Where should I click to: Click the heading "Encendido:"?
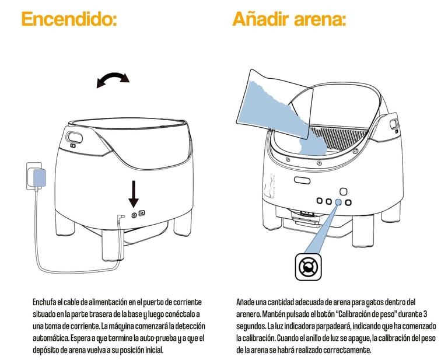tap(69, 19)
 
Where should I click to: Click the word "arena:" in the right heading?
tap(320, 19)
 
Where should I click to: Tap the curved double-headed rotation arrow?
tap(113, 79)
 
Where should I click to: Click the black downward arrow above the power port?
tap(134, 194)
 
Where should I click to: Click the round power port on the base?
tap(134, 215)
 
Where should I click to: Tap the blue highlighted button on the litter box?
tap(338, 202)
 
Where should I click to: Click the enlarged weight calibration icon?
tap(308, 267)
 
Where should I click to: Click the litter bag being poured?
tap(274, 106)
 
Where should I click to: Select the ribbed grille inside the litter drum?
tap(338, 137)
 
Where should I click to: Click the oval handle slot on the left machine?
tap(75, 138)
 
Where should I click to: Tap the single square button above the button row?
tap(344, 191)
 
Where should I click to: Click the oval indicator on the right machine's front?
tap(302, 180)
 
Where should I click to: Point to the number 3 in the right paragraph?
tap(425, 314)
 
